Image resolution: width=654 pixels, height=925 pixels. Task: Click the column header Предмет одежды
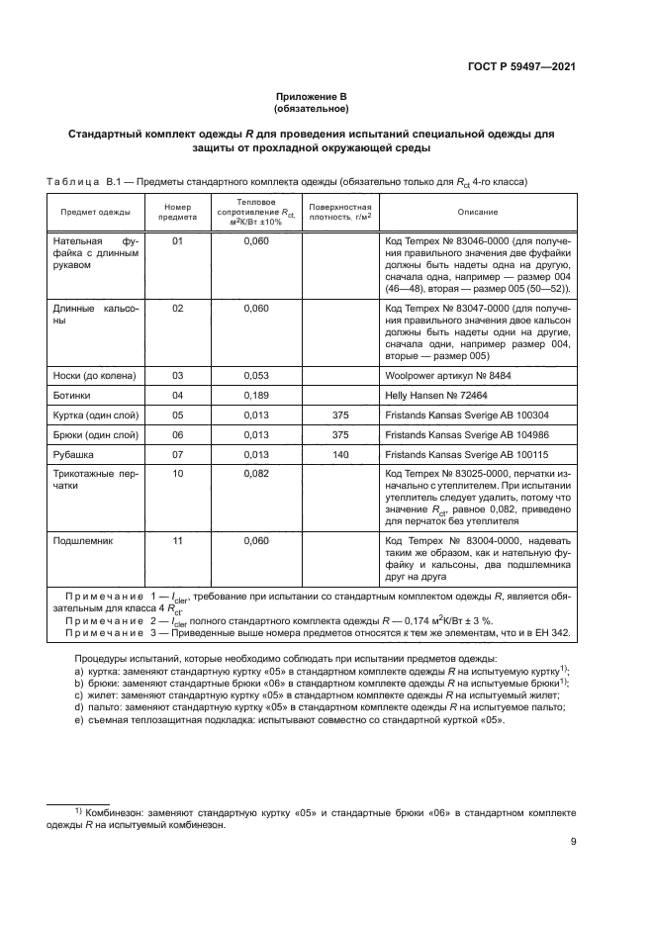[x=96, y=212]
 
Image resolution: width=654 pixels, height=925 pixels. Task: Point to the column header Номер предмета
[x=178, y=212]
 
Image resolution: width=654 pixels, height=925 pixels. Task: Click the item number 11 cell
[x=178, y=542]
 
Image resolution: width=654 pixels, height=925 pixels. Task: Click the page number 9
[x=574, y=842]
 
